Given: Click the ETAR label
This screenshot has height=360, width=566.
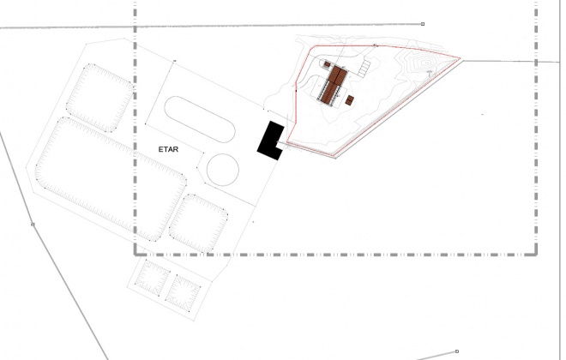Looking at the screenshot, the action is pos(168,149).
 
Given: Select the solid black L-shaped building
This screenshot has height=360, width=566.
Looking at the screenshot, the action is pos(269,141).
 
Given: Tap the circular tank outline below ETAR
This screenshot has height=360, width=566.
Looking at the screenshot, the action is pos(223,170).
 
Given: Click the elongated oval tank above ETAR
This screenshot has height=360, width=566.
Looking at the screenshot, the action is pos(200,119).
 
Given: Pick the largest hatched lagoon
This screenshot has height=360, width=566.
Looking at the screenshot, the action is pos(111,178).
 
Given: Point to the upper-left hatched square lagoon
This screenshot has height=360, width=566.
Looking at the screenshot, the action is pos(100,98).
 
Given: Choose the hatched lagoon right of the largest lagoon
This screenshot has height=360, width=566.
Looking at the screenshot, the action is pos(199,224).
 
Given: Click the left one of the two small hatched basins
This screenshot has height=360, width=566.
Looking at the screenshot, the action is pos(152,277).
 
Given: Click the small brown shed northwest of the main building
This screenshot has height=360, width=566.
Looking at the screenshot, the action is pos(327,64).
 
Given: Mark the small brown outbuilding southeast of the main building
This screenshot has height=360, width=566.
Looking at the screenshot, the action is pos(349,100).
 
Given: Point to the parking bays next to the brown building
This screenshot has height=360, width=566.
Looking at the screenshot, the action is pos(364,68).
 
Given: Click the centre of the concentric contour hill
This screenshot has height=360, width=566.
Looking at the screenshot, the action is pos(427,63).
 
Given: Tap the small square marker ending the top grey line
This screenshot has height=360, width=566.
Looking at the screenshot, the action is pos(423,24).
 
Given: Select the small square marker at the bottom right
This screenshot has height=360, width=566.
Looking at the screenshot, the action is pos(457,351).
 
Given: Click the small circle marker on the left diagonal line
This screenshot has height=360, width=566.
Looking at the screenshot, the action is pos(33,225).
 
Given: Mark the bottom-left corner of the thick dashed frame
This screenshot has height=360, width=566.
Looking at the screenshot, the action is pos(135,255).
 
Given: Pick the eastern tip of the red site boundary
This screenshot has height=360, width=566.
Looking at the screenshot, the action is pos(461,58).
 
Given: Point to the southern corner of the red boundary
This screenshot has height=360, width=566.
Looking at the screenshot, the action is pos(334,156).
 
